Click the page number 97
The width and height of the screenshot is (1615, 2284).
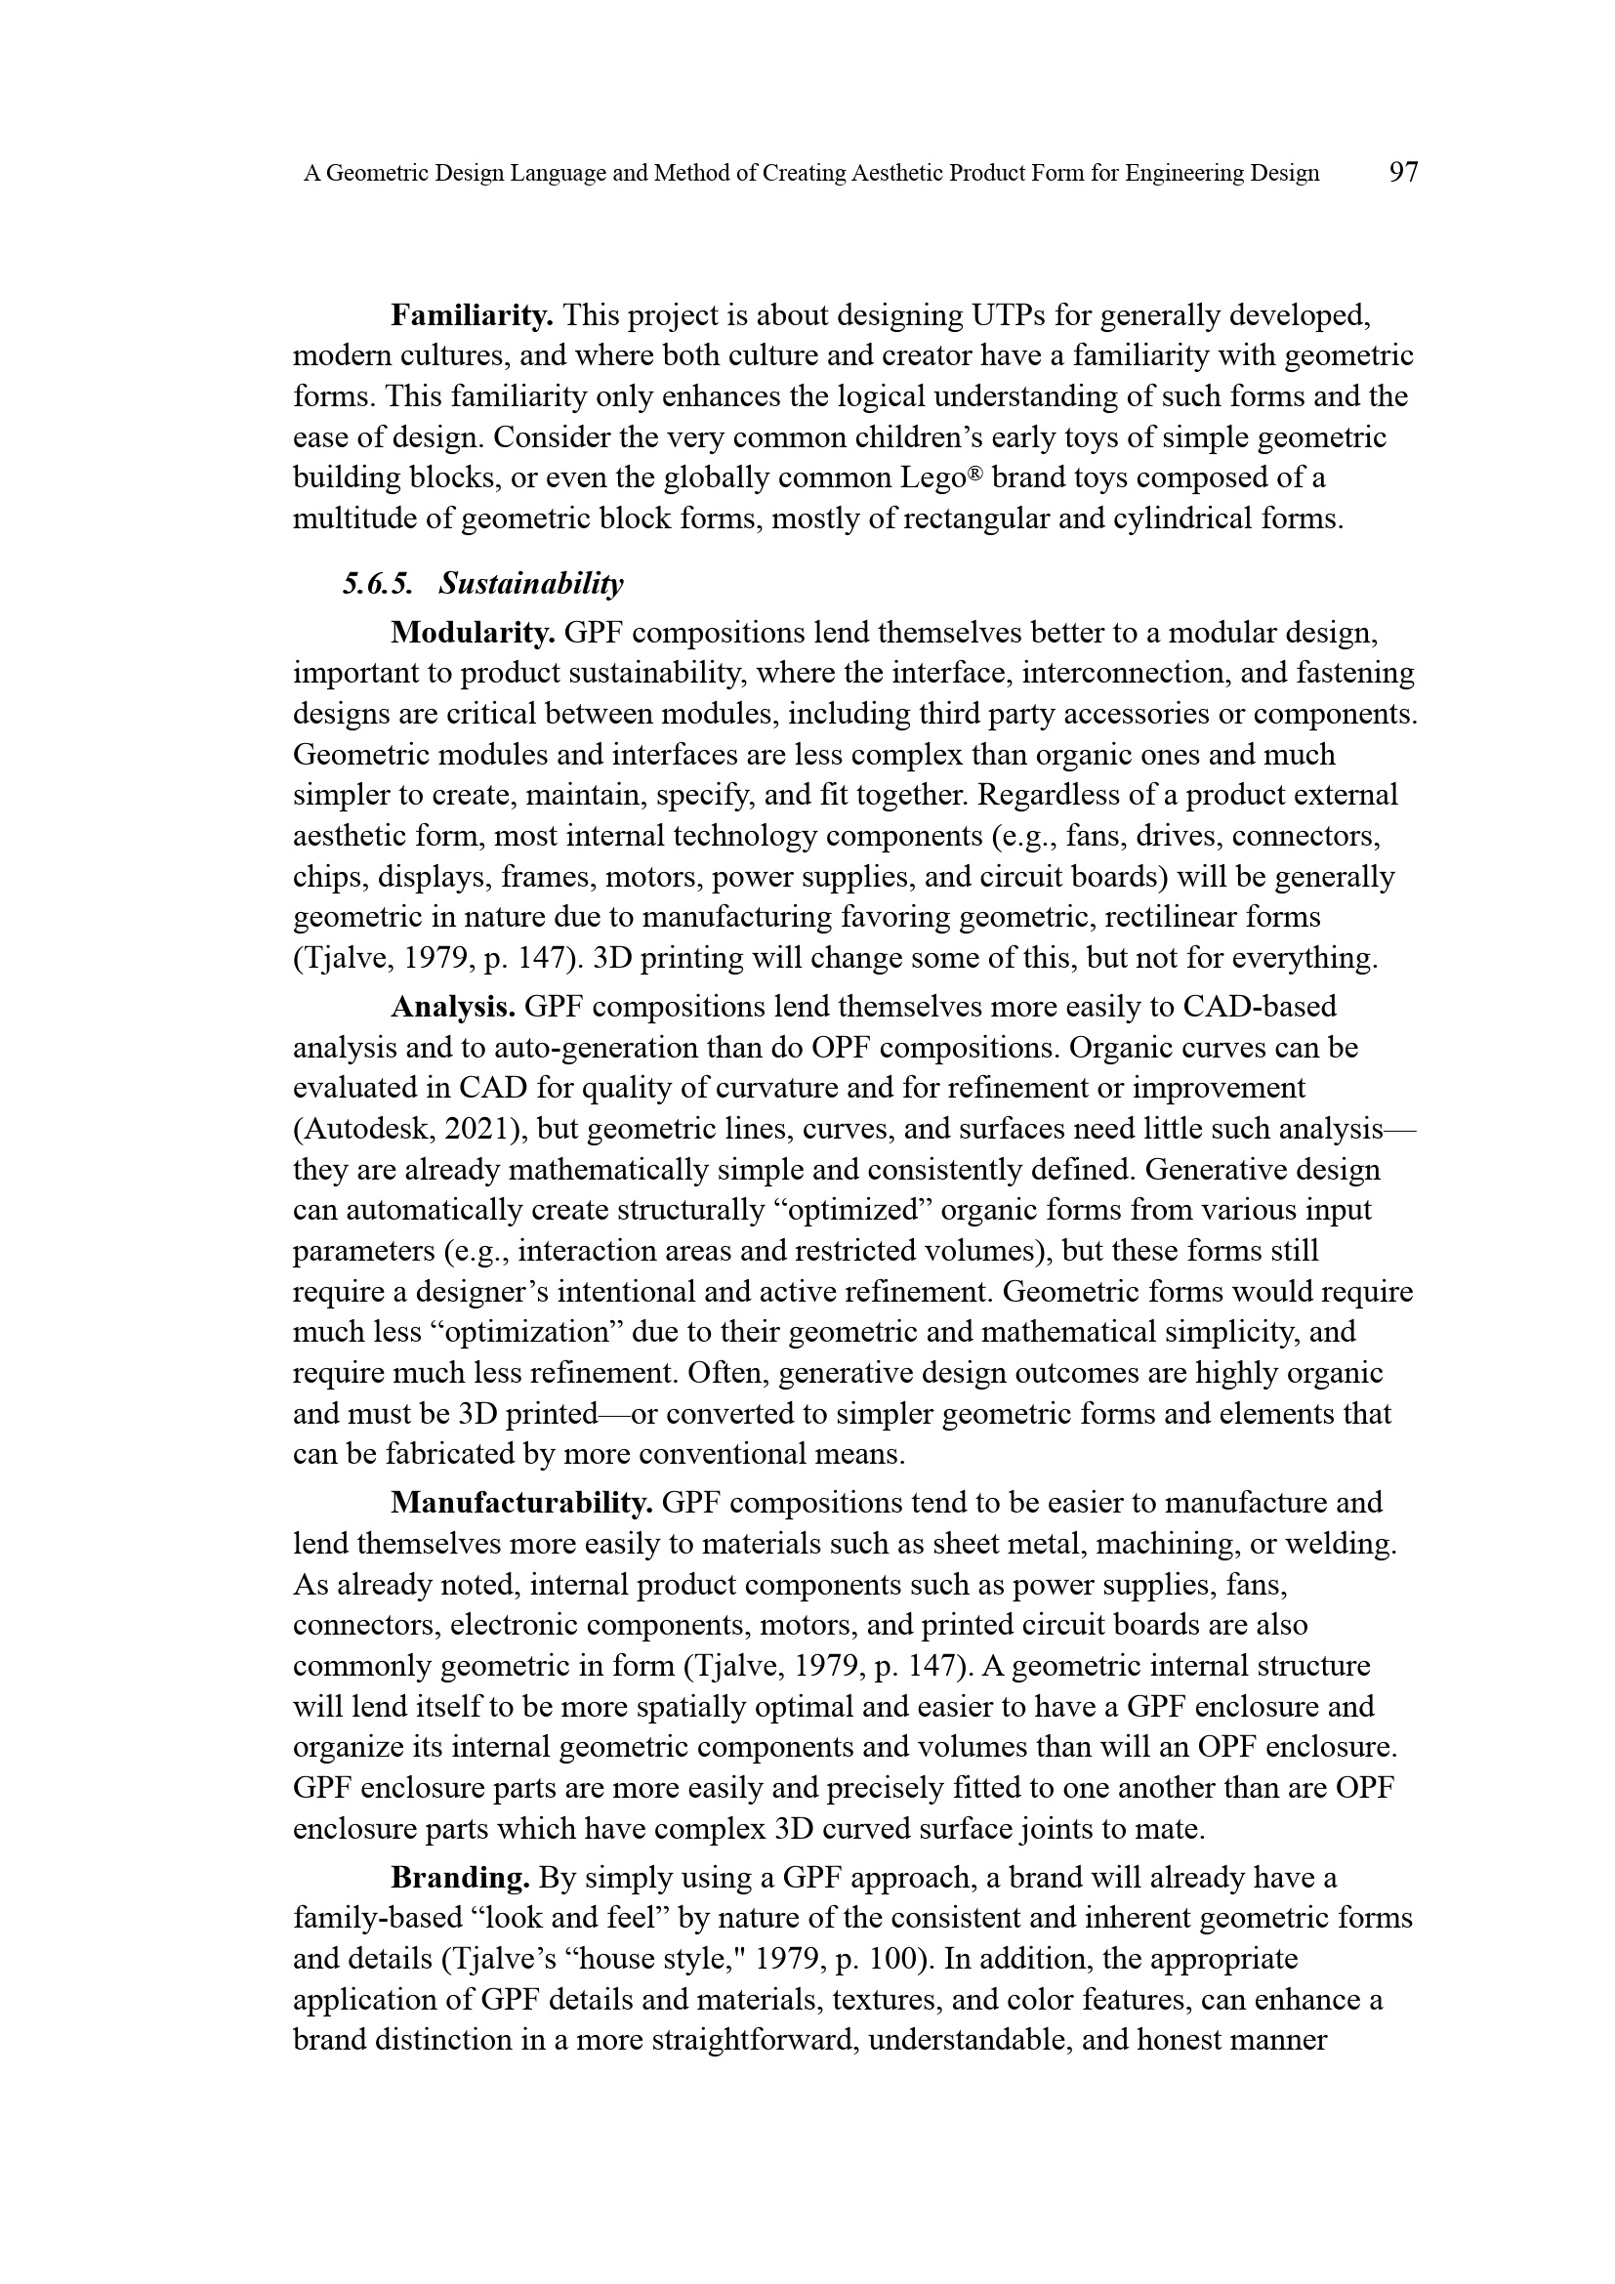point(1403,172)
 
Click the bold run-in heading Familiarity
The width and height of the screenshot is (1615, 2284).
point(472,316)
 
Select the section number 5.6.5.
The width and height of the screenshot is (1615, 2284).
point(377,583)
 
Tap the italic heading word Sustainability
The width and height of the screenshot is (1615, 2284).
point(531,584)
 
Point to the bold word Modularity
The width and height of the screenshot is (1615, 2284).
point(473,633)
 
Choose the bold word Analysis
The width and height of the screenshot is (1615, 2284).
point(452,1007)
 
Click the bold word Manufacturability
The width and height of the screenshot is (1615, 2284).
point(521,1502)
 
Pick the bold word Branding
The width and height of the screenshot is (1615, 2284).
point(460,1877)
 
